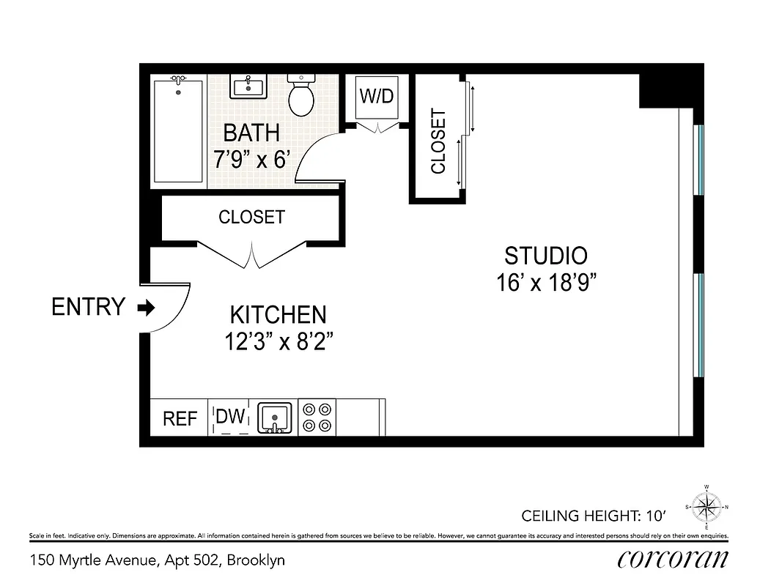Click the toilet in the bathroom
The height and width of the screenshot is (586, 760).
coord(301,97)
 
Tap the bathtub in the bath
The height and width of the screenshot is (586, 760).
coord(178,132)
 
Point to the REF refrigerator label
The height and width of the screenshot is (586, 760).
coord(180,418)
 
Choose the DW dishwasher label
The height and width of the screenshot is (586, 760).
coord(230,417)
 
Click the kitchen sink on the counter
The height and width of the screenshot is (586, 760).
coord(275,418)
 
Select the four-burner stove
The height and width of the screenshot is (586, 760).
coord(319,418)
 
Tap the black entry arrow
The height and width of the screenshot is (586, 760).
coord(147,308)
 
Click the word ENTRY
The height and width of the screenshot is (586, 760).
coord(88,307)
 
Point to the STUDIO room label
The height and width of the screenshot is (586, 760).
coord(546,256)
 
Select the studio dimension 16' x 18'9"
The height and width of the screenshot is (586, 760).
coord(546,283)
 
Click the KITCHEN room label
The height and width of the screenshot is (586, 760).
coord(278,315)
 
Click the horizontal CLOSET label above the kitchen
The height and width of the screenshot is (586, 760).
coord(251,218)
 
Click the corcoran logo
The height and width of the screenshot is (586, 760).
coord(673,560)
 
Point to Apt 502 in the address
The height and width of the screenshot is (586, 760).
coord(193,561)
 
